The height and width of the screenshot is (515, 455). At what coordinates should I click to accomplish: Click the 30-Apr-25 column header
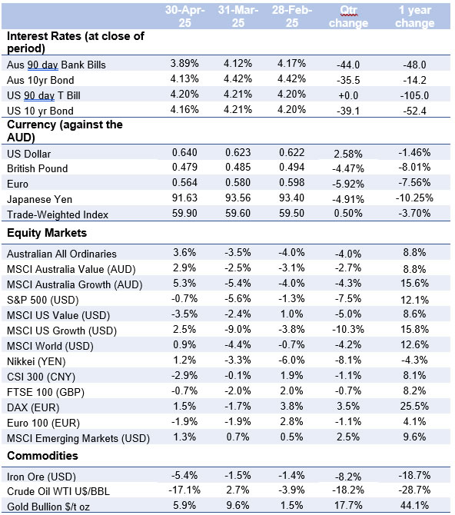click(x=185, y=16)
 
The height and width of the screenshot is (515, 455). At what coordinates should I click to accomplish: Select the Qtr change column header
click(x=349, y=16)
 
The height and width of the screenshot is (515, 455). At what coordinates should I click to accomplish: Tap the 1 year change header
click(x=414, y=16)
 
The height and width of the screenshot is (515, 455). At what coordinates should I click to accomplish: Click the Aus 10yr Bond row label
click(x=41, y=80)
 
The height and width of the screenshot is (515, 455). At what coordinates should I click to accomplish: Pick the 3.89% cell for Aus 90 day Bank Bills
click(x=184, y=63)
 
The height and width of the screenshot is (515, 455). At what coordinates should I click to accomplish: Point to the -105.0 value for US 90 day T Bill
click(x=414, y=95)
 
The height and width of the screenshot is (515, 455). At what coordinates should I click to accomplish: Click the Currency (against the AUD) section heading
click(x=65, y=131)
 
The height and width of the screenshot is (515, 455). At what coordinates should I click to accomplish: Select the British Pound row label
click(x=38, y=168)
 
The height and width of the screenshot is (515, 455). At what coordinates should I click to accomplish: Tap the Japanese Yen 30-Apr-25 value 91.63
click(x=184, y=198)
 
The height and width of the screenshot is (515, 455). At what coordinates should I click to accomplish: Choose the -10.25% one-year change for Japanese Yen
click(x=414, y=198)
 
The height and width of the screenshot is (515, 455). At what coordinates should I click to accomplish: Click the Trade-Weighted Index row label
click(x=58, y=214)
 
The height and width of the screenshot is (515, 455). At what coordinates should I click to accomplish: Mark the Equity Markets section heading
click(x=47, y=233)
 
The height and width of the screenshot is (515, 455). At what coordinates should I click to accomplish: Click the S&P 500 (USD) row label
click(x=43, y=300)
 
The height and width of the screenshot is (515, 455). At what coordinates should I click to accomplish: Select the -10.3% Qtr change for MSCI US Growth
click(x=348, y=329)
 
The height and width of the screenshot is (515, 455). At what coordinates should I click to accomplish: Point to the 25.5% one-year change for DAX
click(x=414, y=406)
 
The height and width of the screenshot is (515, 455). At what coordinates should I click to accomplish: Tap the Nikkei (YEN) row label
click(x=36, y=361)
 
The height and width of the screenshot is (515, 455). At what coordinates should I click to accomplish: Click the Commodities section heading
click(x=43, y=456)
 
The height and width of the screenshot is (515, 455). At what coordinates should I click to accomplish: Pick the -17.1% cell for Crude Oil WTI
click(x=184, y=490)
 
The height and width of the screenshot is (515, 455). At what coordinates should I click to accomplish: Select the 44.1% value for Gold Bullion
click(x=414, y=505)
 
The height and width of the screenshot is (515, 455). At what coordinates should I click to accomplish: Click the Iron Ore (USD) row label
click(x=42, y=477)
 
